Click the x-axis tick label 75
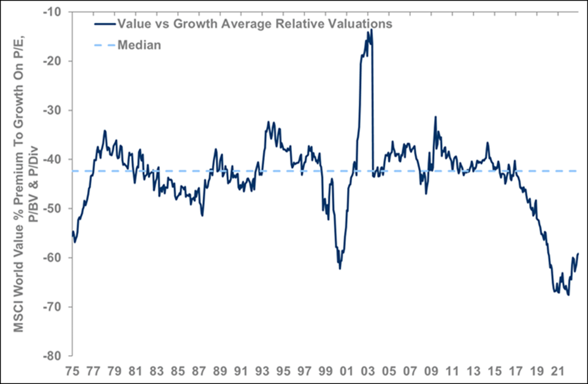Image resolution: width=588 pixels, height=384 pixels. point(72,372)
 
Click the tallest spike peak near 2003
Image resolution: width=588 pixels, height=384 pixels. point(371,30)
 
